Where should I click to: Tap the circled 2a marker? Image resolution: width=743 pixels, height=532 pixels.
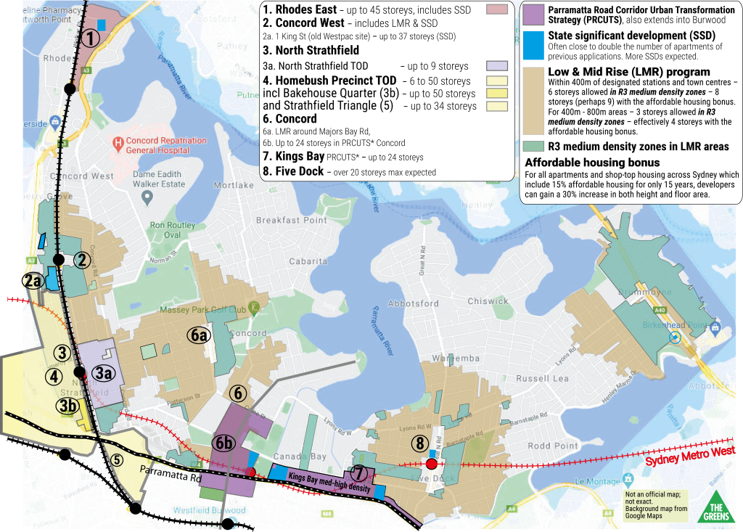(x=32, y=281)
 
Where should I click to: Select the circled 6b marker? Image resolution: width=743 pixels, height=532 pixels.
(x=223, y=443)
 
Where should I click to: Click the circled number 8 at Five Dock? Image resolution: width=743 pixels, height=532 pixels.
(x=419, y=443)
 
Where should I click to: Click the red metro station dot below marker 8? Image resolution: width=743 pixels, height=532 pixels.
(x=431, y=463)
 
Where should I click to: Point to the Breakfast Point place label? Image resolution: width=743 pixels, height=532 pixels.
(x=292, y=221)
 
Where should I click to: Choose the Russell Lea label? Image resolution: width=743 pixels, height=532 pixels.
(x=542, y=379)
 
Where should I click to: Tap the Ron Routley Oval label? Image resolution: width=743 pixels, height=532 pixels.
(x=172, y=230)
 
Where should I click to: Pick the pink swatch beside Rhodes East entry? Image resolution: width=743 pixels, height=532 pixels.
(x=496, y=9)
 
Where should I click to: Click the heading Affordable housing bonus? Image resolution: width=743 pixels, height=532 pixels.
(x=592, y=163)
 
